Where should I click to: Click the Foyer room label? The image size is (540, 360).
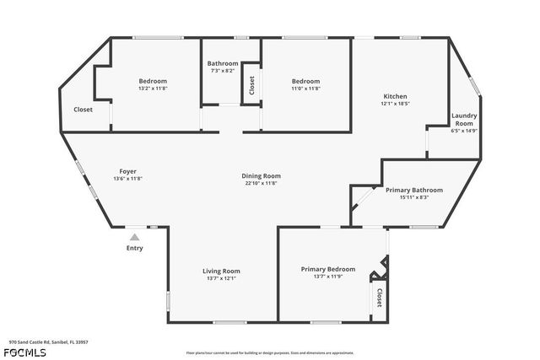[x=127, y=171]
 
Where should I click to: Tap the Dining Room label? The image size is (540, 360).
[x=262, y=175]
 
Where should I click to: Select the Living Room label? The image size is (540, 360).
[x=221, y=271]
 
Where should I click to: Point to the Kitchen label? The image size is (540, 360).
[x=395, y=96]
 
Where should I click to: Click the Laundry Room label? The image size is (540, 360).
[x=464, y=120]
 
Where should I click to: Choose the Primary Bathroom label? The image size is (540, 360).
[x=408, y=191]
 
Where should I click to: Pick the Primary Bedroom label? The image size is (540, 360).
[x=328, y=269]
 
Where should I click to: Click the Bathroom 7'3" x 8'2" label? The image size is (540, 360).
[x=223, y=64]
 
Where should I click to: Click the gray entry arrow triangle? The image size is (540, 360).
[x=134, y=238]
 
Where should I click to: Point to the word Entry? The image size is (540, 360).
[x=134, y=248]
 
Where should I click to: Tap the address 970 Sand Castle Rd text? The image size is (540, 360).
[x=48, y=342]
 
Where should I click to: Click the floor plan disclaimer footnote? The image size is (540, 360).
[x=270, y=353]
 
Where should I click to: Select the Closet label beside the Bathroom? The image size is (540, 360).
[x=251, y=86]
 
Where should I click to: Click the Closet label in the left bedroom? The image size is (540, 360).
[x=83, y=110]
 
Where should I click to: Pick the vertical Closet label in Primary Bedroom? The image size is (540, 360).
[x=379, y=298]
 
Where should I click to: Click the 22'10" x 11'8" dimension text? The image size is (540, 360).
[x=262, y=183]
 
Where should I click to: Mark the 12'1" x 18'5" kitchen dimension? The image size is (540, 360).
[x=395, y=104]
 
